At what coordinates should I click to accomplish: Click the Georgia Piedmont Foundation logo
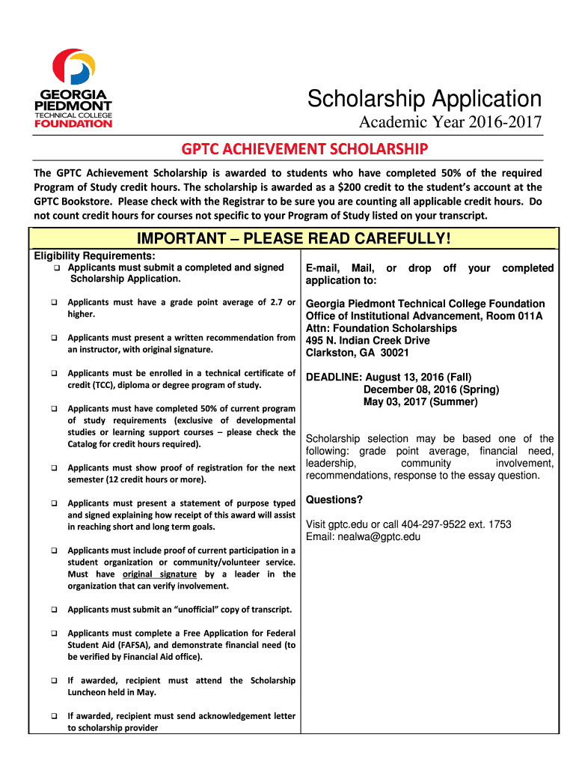(73, 88)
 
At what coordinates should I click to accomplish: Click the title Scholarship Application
(425, 98)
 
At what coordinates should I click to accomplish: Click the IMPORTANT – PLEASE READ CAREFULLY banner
(294, 238)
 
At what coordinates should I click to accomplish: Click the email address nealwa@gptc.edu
(378, 536)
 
